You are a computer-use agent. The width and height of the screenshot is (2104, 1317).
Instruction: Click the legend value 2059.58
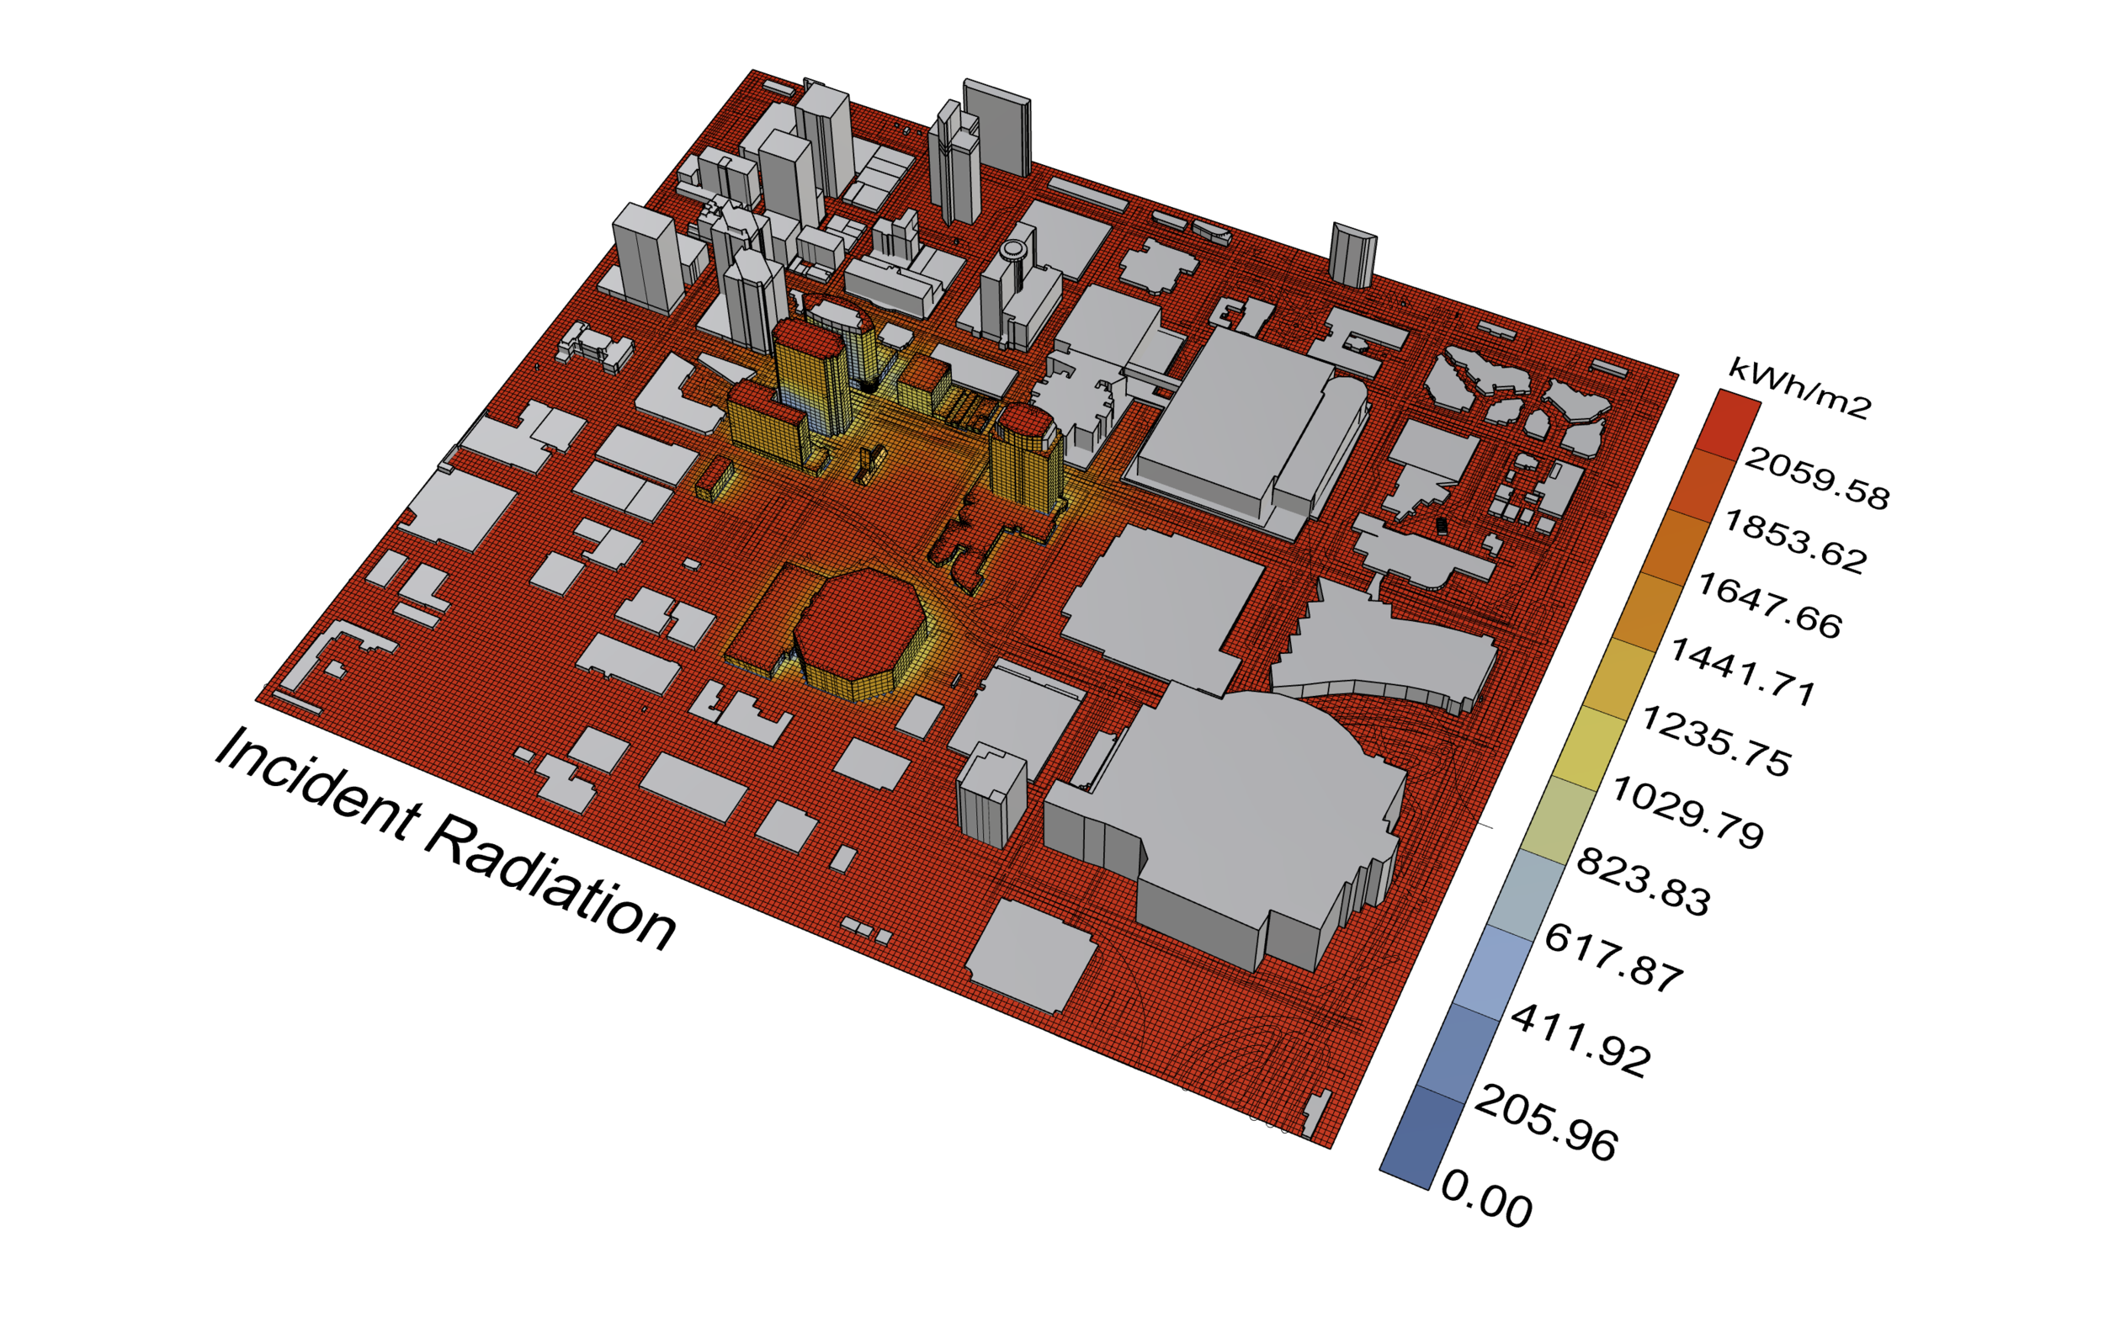pos(1817,478)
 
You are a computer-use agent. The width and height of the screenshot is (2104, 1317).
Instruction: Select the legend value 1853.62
pos(1795,542)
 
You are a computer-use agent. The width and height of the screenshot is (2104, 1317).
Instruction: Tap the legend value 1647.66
pos(1770,606)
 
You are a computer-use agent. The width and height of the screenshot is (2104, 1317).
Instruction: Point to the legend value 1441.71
pos(1743,672)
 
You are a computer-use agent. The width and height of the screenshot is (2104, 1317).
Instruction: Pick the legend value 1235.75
pos(1715,741)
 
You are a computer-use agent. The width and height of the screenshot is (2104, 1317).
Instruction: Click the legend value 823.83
pos(1644,881)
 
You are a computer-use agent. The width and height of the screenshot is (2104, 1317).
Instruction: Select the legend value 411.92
pos(1581,1041)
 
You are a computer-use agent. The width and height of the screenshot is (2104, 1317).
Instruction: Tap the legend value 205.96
pos(1546,1123)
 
